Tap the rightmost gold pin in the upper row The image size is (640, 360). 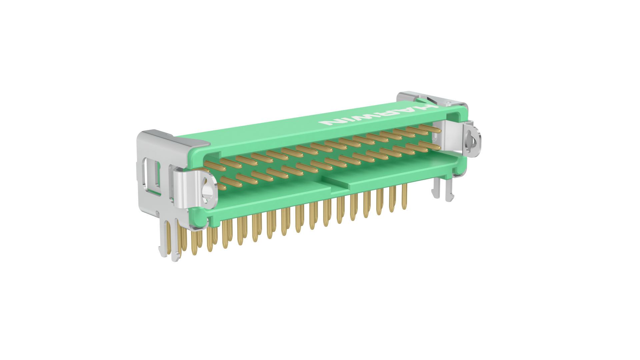[430, 129]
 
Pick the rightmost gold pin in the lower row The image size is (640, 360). [430, 146]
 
